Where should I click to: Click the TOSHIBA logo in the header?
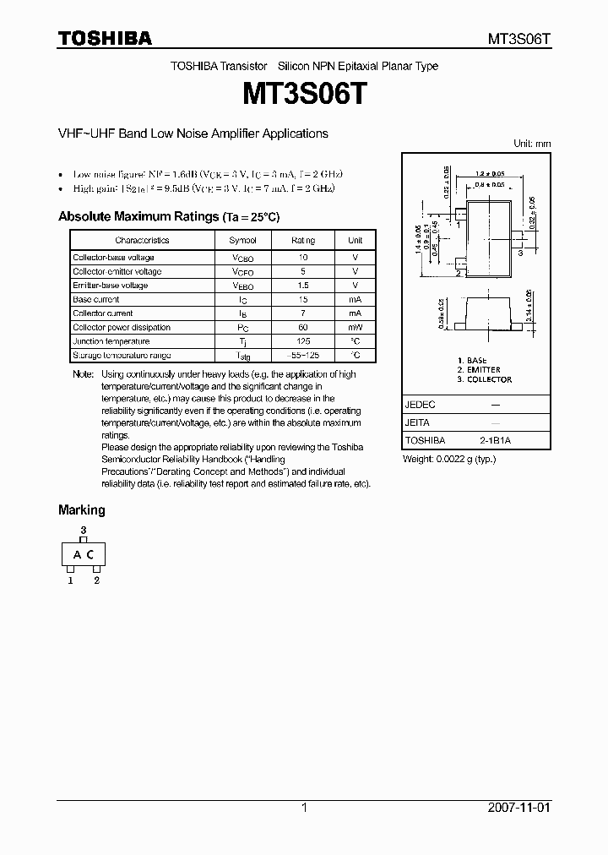tap(105, 38)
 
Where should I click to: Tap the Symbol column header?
tap(242, 241)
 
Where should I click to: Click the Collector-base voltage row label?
tap(113, 258)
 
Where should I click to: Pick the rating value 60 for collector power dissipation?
tap(303, 328)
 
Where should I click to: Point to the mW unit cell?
tap(355, 328)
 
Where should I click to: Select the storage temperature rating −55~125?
tap(303, 356)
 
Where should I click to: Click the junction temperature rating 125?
tap(303, 341)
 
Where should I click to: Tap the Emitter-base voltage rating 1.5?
tap(303, 286)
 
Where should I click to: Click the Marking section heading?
tap(82, 510)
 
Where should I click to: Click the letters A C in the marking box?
tap(84, 554)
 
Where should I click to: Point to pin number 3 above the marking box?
tap(83, 531)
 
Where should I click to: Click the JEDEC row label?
tap(421, 405)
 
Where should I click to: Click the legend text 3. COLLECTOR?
tap(484, 379)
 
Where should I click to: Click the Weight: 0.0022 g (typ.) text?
tap(449, 459)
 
